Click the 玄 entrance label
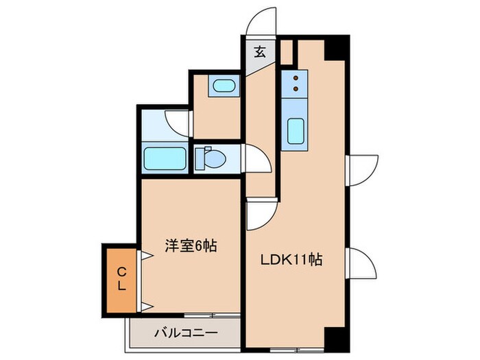point(261,51)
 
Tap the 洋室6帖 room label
point(191,245)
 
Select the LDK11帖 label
point(291,261)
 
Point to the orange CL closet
point(120,280)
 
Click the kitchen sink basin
point(295,130)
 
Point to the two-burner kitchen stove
point(295,83)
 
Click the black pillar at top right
point(336,47)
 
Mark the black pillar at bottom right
point(336,337)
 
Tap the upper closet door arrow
point(145,256)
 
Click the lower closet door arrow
point(145,306)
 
